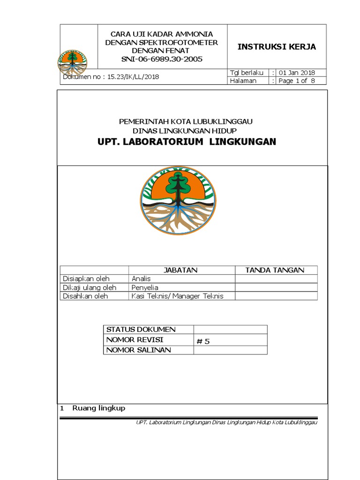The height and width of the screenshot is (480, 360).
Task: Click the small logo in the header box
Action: pos(72,63)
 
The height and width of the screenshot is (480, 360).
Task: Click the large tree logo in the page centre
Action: pos(179,201)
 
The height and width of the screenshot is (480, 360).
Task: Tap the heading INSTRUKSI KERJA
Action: pos(277,46)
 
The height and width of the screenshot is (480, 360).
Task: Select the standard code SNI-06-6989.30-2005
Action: pos(162,59)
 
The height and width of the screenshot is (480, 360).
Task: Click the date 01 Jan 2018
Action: pos(297,73)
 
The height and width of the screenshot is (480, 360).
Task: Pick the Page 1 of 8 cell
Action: pos(297,81)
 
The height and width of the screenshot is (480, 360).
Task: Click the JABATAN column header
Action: pos(180,270)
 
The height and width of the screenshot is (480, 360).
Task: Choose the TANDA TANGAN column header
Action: pos(275,270)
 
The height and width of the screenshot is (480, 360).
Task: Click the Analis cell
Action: pos(141,278)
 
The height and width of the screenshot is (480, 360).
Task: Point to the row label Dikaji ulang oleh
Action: pos(90,287)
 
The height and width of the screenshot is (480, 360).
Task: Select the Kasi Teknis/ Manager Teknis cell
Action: pos(178,296)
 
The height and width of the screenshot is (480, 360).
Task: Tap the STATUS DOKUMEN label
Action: pos(141,330)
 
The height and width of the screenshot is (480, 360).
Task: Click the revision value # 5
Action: pos(203,341)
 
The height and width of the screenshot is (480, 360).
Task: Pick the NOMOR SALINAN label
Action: pos(139,350)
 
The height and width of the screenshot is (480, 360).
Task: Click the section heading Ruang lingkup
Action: pos(98,408)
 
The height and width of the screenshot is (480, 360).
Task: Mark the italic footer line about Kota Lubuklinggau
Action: pos(226,422)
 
